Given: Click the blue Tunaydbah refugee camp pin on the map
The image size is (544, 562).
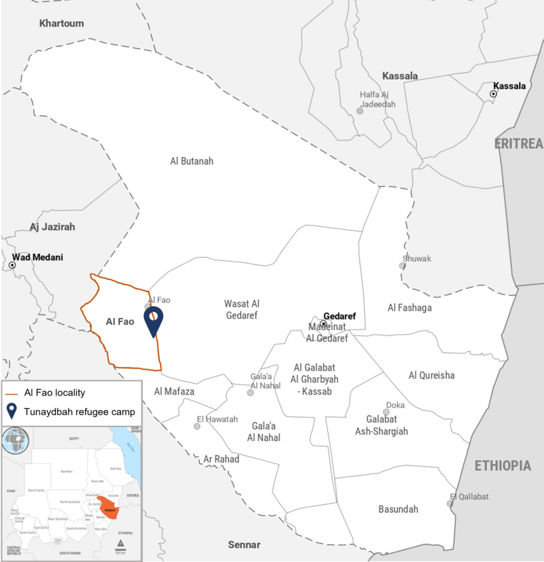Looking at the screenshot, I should (x=154, y=319).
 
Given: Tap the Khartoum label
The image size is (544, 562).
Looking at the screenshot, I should (x=61, y=23).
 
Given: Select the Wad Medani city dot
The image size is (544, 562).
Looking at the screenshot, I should (x=12, y=265).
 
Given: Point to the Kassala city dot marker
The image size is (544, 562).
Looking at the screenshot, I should (x=493, y=94).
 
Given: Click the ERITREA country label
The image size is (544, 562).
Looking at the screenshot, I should (x=518, y=144).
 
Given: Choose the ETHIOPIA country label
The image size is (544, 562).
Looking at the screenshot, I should (x=502, y=466).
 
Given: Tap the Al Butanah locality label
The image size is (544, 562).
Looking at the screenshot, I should (x=191, y=161).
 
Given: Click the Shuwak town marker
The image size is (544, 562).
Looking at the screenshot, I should (x=402, y=266).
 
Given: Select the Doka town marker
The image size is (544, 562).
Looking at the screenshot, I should (x=386, y=412).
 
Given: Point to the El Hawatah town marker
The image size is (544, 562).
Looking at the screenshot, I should (x=197, y=426).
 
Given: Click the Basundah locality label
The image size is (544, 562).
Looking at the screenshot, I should (x=398, y=509).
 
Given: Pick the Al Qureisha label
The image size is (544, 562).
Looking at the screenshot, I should (x=432, y=375).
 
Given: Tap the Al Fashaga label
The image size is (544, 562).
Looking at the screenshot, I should (x=409, y=308).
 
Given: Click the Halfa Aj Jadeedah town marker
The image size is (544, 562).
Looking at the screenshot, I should (x=360, y=111).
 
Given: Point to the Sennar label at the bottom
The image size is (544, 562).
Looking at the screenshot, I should (x=244, y=545).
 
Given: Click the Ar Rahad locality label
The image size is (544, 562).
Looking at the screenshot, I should (x=221, y=459).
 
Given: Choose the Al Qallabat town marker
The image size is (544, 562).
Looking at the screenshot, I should (x=450, y=503).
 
